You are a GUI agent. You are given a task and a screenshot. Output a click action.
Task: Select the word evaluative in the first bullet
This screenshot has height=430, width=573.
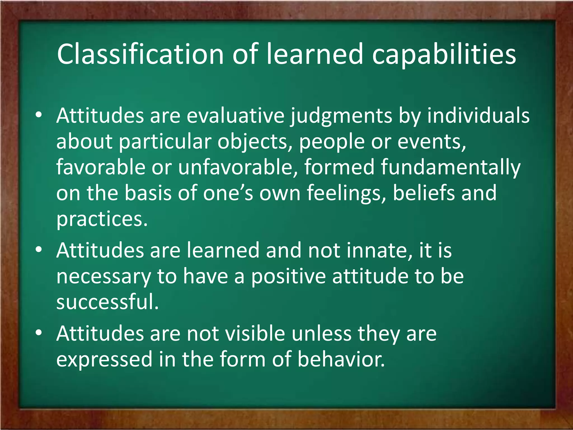click(x=235, y=116)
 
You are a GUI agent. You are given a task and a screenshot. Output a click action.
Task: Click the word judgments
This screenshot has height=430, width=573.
click(x=341, y=116)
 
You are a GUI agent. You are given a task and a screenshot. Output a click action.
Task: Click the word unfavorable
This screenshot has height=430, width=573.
click(x=238, y=167)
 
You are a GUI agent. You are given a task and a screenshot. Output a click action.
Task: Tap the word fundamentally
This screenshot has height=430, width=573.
click(x=450, y=167)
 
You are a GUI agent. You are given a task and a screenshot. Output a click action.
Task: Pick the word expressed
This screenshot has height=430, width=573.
click(x=104, y=359)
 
